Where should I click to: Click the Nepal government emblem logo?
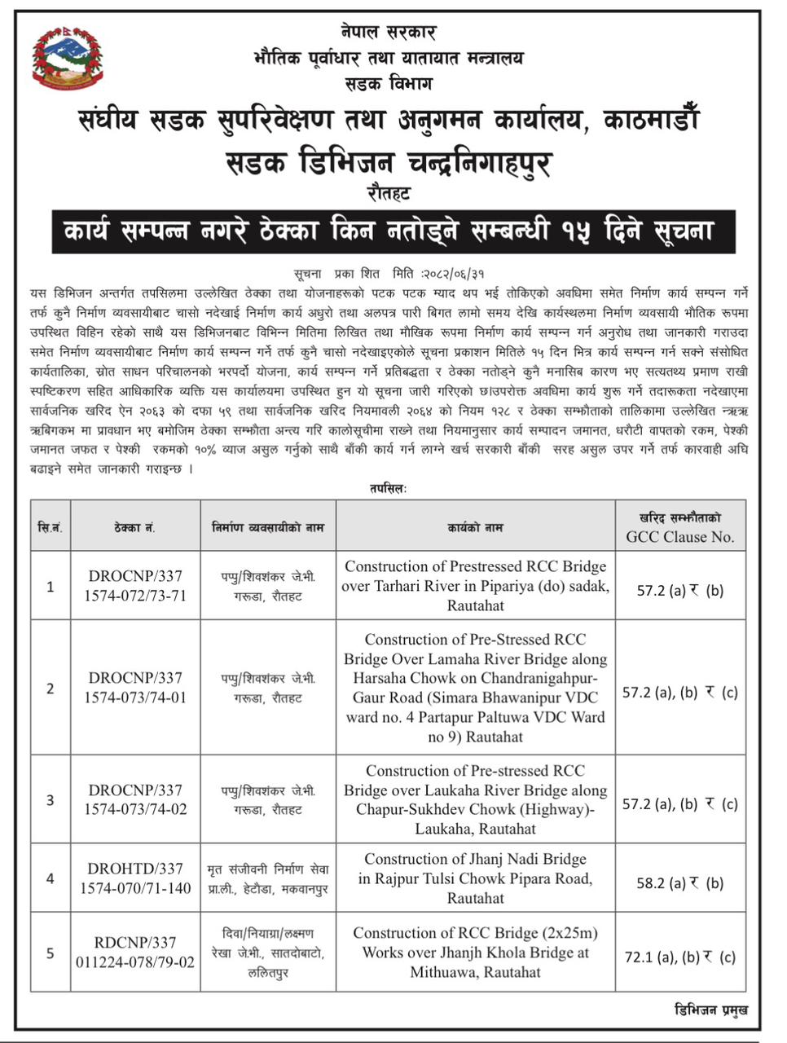coord(68,59)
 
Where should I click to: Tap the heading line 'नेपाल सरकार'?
coord(389,33)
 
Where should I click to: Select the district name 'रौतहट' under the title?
coord(389,194)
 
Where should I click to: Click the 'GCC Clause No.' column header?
coord(680,528)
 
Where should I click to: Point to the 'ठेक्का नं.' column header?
coord(135,528)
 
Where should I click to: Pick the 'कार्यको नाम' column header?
coord(475,528)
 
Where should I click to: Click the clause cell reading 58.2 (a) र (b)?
coord(680,882)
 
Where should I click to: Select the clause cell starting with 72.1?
coord(680,957)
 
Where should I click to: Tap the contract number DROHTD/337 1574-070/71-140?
coord(135,878)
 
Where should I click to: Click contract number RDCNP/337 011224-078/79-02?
coord(135,952)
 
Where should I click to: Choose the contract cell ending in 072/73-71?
coord(135,585)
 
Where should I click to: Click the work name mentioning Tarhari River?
coord(475,585)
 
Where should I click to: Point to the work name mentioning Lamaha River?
coord(475,688)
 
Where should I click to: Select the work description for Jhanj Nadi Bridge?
coord(475,878)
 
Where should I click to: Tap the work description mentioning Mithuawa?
coord(475,952)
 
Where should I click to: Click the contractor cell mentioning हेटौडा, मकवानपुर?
coord(268,878)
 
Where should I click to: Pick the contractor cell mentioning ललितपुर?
coord(268,952)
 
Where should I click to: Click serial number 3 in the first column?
coord(51,800)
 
